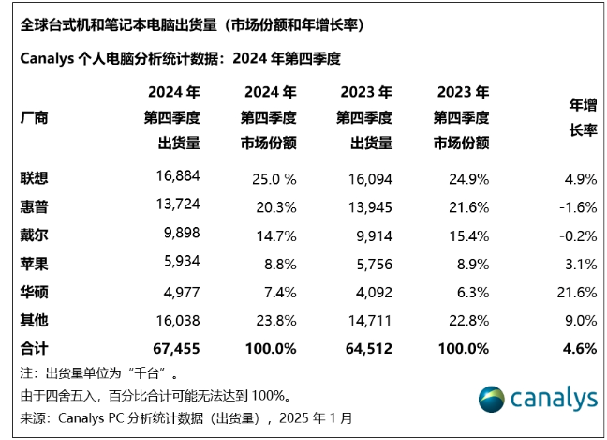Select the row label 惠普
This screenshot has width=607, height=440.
(x=34, y=205)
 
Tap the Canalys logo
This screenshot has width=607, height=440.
(x=537, y=398)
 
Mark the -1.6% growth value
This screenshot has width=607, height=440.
(x=577, y=205)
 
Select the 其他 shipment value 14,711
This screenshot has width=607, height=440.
(x=366, y=322)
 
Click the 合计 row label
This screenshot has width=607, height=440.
(x=34, y=349)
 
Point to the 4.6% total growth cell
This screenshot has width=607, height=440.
(x=582, y=349)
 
